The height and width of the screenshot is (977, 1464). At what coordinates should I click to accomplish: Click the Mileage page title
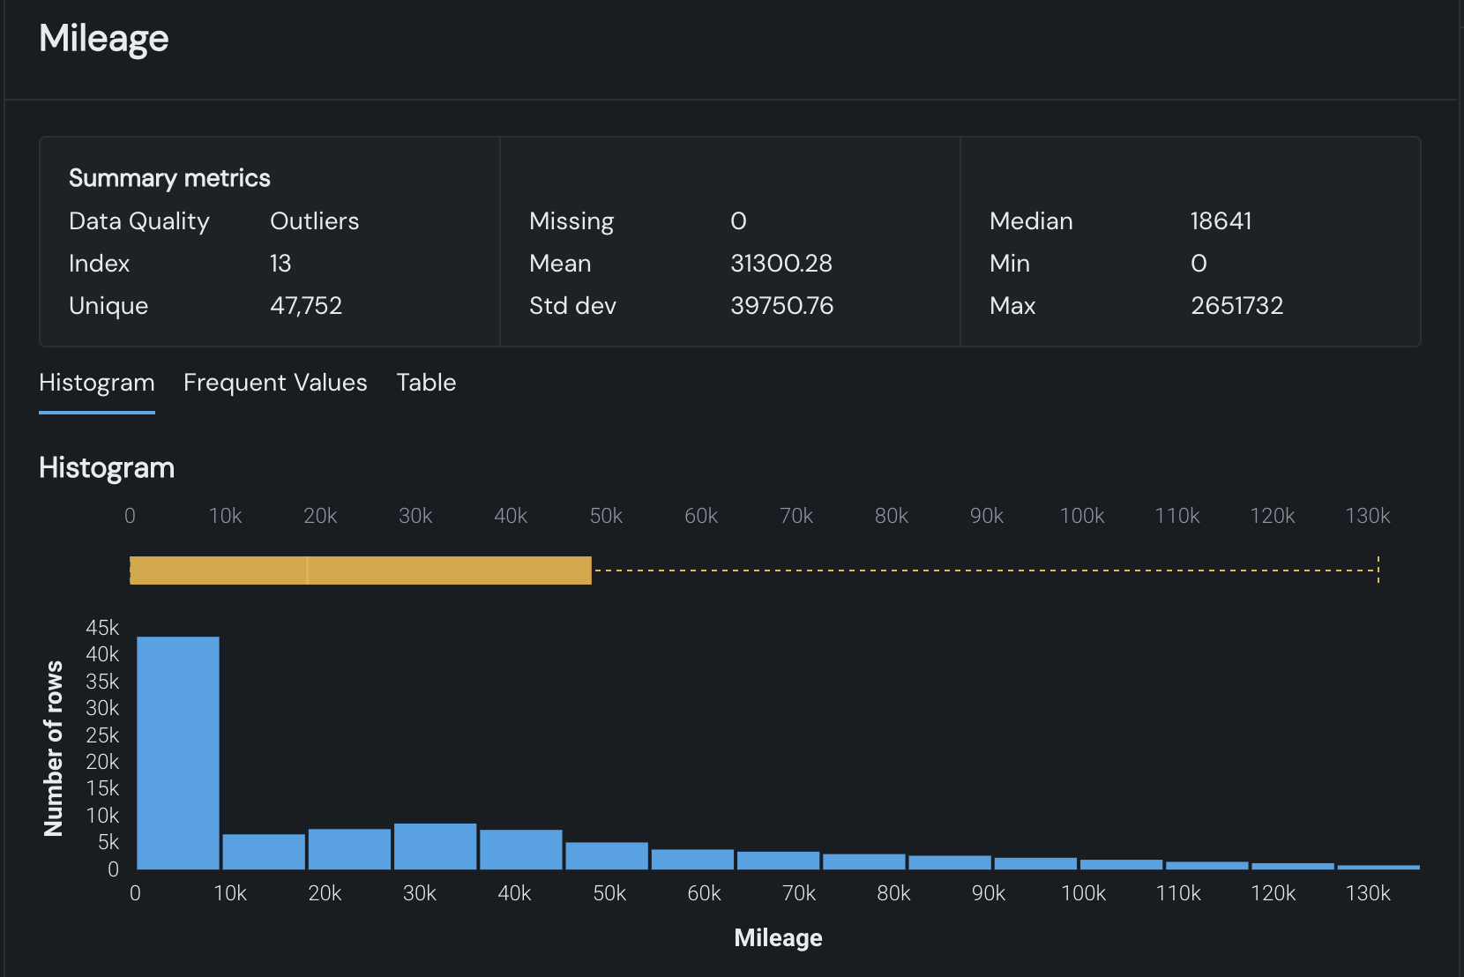[x=104, y=39]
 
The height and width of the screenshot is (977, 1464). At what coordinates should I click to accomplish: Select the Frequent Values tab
[x=275, y=383]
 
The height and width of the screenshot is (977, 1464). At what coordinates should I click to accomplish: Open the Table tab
[x=426, y=383]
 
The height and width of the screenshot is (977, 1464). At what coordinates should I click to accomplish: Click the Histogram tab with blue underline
[x=97, y=383]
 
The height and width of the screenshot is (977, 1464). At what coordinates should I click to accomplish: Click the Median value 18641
[x=1221, y=221]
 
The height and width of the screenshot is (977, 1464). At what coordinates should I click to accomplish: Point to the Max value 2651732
[x=1236, y=306]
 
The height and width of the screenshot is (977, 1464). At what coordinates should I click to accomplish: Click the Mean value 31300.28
[x=781, y=264]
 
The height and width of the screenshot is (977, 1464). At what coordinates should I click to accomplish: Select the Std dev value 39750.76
[x=781, y=306]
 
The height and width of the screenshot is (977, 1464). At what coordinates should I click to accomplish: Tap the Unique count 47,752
[x=306, y=306]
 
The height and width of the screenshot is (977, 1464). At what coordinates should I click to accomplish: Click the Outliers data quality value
[x=314, y=221]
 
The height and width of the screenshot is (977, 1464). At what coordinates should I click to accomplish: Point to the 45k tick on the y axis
[x=102, y=628]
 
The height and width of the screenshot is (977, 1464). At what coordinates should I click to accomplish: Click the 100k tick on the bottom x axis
[x=1083, y=893]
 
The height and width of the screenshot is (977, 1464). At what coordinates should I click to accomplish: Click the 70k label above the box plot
[x=796, y=516]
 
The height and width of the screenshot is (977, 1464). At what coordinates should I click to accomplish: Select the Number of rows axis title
[x=54, y=748]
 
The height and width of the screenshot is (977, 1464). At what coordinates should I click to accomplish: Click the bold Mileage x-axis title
[x=778, y=938]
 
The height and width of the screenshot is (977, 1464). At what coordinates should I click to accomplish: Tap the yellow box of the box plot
[x=360, y=571]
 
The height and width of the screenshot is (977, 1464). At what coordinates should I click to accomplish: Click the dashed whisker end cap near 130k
[x=1378, y=570]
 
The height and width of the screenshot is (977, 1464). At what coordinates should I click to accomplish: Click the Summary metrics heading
[x=169, y=178]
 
